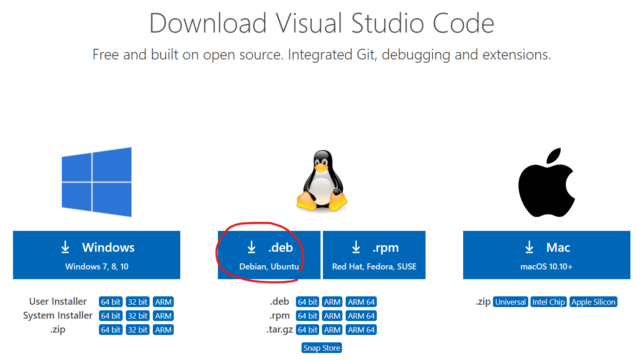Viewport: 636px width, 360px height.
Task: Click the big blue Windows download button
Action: coord(97,255)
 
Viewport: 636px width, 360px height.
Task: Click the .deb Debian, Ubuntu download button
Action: coord(269,255)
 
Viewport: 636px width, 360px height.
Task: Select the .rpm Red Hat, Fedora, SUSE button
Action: coord(374,255)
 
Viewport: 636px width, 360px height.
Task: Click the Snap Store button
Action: coord(321,348)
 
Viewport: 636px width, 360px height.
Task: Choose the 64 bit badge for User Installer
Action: coord(111,302)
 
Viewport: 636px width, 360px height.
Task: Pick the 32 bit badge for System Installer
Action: coord(138,316)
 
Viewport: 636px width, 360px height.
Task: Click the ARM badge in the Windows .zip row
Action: coord(163,330)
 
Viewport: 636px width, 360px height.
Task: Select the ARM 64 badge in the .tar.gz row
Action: coord(361,330)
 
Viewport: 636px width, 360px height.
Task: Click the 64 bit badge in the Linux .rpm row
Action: coord(308,316)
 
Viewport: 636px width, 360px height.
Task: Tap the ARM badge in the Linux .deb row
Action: coord(332,302)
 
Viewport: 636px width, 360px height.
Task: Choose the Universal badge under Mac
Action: coord(510,302)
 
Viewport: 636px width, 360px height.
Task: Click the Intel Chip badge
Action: coord(548,302)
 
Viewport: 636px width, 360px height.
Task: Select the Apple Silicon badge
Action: coord(593,302)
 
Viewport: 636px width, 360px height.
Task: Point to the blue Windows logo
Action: coord(97,182)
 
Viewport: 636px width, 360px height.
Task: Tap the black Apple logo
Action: coord(547,183)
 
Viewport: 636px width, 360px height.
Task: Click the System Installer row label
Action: coord(58,316)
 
